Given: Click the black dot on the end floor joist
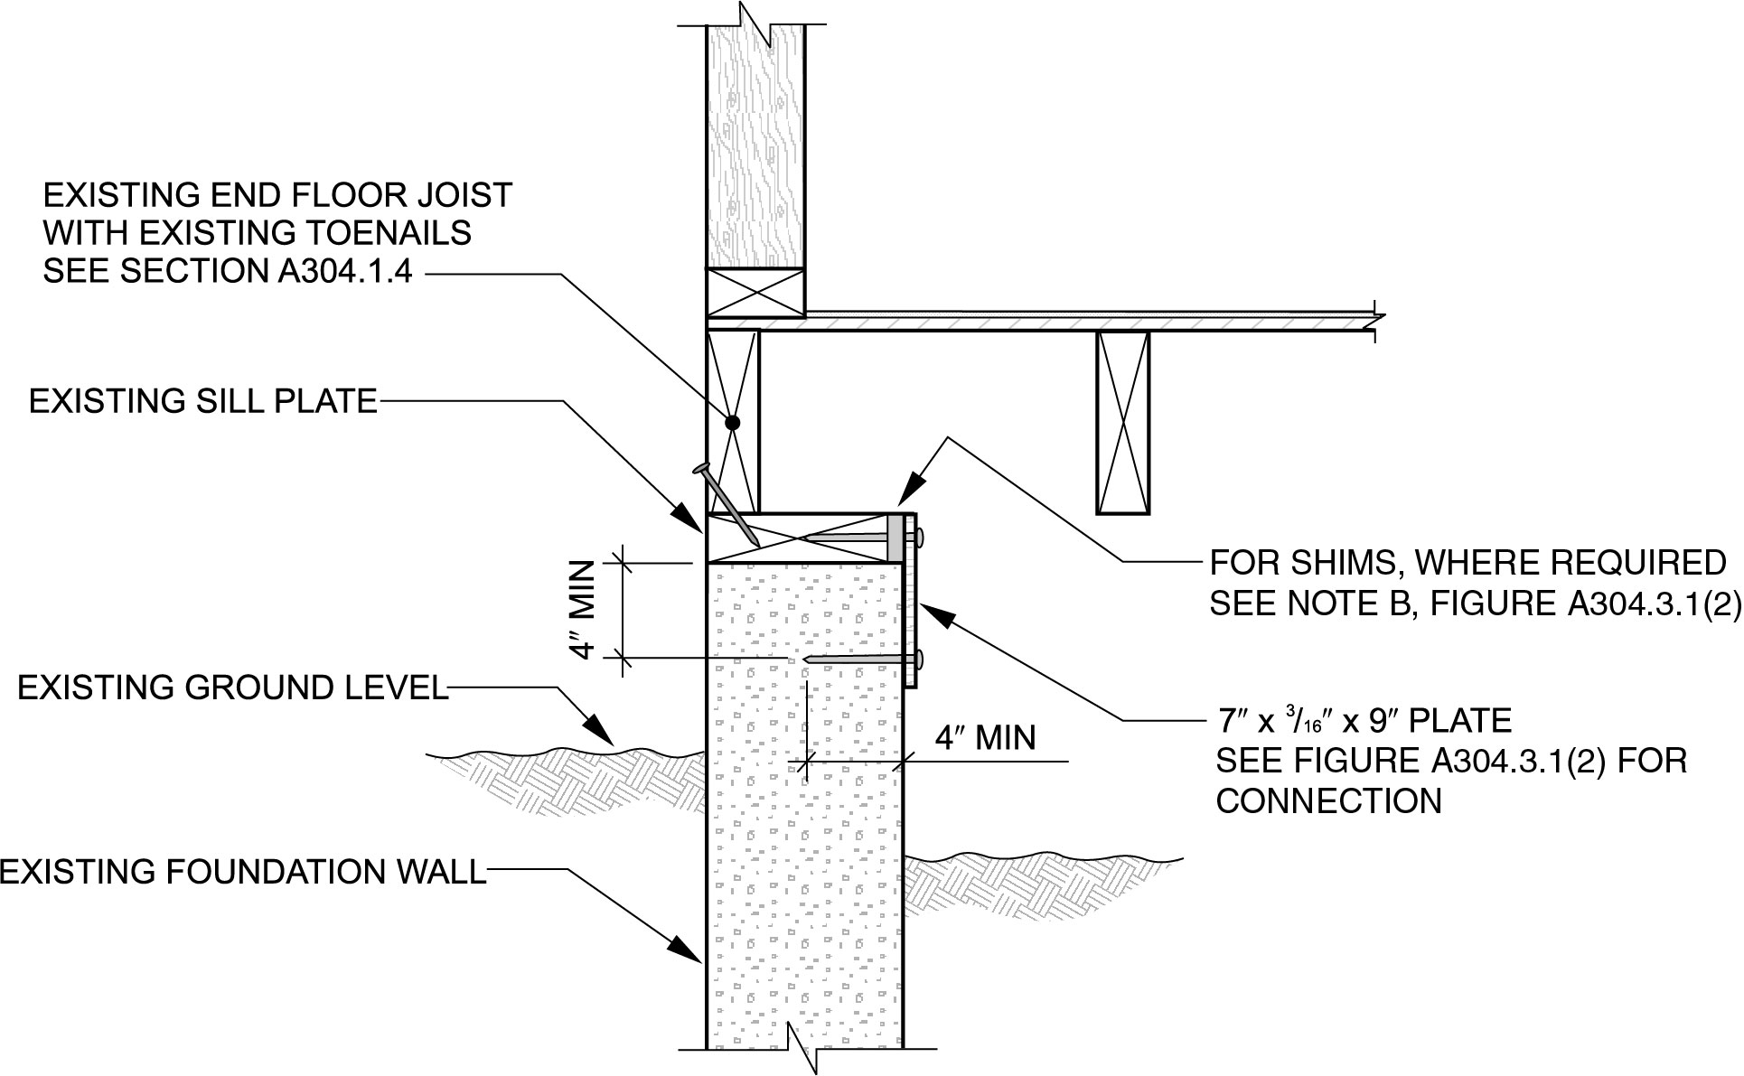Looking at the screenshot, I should point(732,422).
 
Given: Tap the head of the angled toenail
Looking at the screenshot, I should point(700,468).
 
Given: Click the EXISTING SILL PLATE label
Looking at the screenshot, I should point(202,401).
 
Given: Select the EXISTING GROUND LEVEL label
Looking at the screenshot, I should point(232,688).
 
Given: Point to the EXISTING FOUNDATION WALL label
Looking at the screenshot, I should point(243,872).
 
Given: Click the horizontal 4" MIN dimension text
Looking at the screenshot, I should point(984,737).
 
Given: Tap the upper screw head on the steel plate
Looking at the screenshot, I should point(919,538).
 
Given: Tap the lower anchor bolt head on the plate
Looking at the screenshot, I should point(919,660).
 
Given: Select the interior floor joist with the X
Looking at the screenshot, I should point(1122,422).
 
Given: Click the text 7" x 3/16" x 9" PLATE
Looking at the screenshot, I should point(1364,721).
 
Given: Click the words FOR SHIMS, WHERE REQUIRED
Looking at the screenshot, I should point(1467,563).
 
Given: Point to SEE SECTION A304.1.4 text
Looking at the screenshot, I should point(228,271).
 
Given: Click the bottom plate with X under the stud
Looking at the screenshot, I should point(755,293).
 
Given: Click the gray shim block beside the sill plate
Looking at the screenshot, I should point(895,538).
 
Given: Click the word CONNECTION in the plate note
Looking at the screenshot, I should point(1328,801).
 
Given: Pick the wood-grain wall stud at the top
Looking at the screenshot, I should point(755,145).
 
